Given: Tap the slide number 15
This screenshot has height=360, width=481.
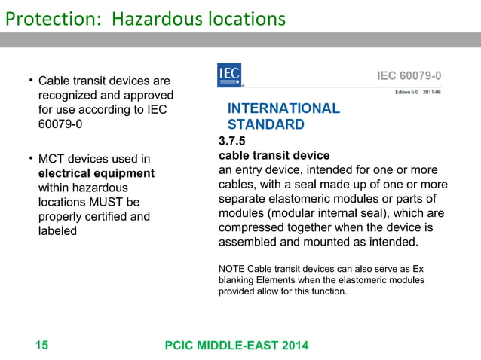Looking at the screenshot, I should [41, 346].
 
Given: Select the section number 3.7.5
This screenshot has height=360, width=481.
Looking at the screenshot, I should [232, 141].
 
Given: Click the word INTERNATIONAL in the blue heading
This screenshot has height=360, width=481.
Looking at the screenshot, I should [283, 108].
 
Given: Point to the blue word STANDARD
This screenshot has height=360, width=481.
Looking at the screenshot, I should [265, 124].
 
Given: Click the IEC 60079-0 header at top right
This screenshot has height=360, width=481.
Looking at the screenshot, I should [409, 76].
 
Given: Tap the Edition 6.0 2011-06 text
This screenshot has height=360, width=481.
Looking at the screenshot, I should [418, 92].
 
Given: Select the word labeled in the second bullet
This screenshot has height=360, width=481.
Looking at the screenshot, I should [57, 230].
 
